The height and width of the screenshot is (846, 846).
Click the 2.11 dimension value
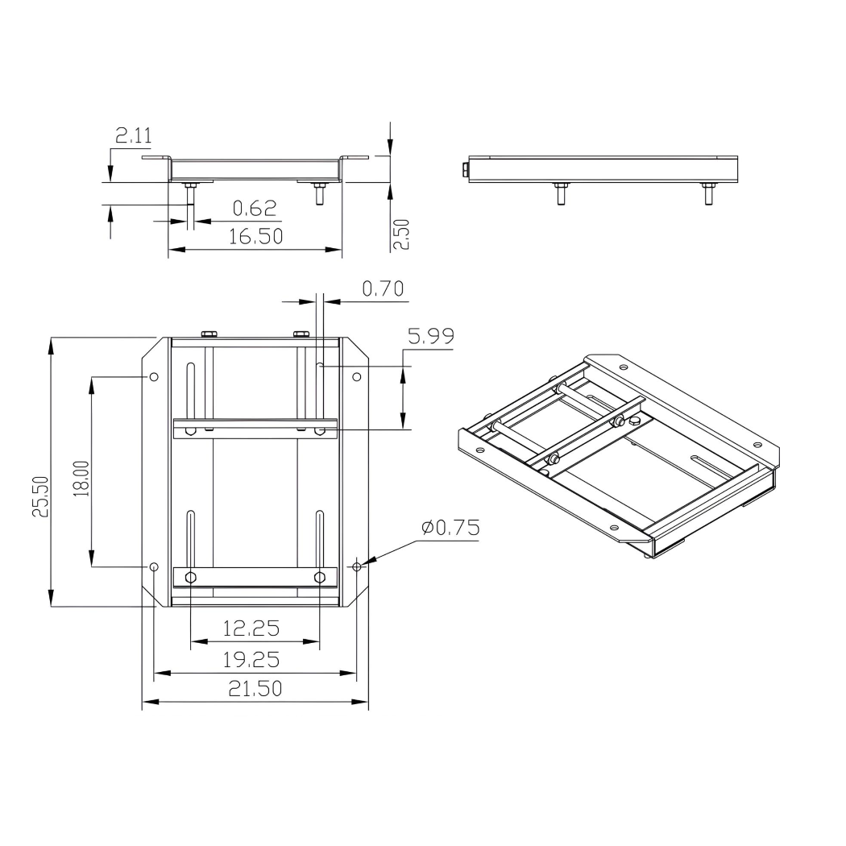(133, 135)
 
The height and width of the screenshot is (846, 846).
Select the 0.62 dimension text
(255, 209)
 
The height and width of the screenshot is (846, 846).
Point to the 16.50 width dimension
(255, 238)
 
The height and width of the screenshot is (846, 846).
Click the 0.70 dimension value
(382, 289)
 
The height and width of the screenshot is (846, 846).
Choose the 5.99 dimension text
(430, 338)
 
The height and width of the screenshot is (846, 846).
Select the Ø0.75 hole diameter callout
(450, 528)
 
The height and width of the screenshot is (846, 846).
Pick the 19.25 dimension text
(251, 660)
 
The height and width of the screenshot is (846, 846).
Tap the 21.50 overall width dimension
(254, 689)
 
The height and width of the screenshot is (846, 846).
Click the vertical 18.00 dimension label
(81, 478)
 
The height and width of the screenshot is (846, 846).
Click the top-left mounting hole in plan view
(154, 376)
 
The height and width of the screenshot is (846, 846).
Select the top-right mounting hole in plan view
(357, 376)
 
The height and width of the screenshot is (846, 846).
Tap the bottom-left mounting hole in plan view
(154, 566)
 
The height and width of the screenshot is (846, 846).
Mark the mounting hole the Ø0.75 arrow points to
(357, 566)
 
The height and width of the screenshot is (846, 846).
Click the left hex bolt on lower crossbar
(191, 577)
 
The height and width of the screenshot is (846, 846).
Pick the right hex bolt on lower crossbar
(320, 577)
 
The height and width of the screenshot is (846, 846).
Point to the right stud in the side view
(708, 194)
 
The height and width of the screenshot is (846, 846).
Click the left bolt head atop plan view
(209, 334)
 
